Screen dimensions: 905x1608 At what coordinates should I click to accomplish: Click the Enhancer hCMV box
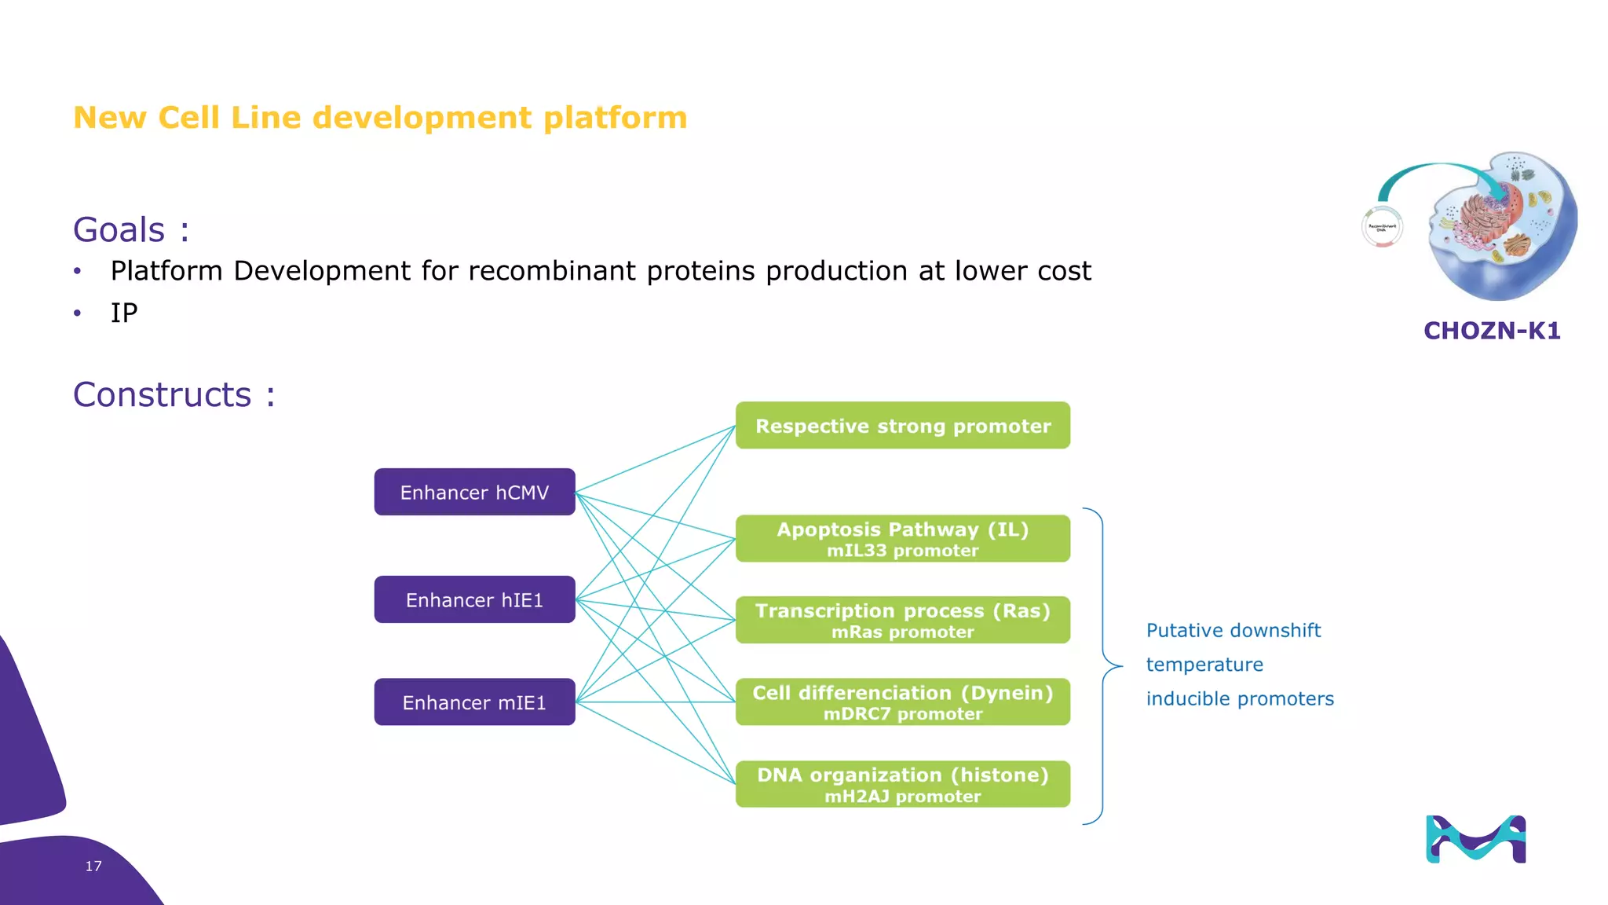[x=474, y=493]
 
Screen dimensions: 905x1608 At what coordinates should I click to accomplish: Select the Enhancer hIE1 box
[x=474, y=600]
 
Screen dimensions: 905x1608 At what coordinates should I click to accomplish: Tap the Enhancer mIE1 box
[x=474, y=702]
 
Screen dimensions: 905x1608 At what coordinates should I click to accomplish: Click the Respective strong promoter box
[x=902, y=426]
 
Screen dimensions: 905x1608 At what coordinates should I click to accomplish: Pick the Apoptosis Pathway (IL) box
[x=902, y=539]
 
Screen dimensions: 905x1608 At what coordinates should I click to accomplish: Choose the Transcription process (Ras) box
[x=902, y=621]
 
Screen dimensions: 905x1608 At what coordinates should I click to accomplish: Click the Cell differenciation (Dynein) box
[x=902, y=702]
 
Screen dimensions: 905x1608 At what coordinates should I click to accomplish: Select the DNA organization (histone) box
[x=902, y=784]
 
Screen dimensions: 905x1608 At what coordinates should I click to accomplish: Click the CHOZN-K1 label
[x=1491, y=331]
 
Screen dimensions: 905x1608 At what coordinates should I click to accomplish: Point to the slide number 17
[x=93, y=866]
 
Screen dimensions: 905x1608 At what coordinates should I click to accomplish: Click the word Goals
[x=119, y=230]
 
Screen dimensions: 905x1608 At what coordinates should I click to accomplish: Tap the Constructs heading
[x=163, y=394]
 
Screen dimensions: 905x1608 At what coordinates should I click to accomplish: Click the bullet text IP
[x=124, y=313]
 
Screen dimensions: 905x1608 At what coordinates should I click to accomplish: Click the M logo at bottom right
[x=1475, y=839]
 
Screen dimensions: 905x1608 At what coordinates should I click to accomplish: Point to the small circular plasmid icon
[x=1382, y=227]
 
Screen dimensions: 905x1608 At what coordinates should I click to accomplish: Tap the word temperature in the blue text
[x=1204, y=665]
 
